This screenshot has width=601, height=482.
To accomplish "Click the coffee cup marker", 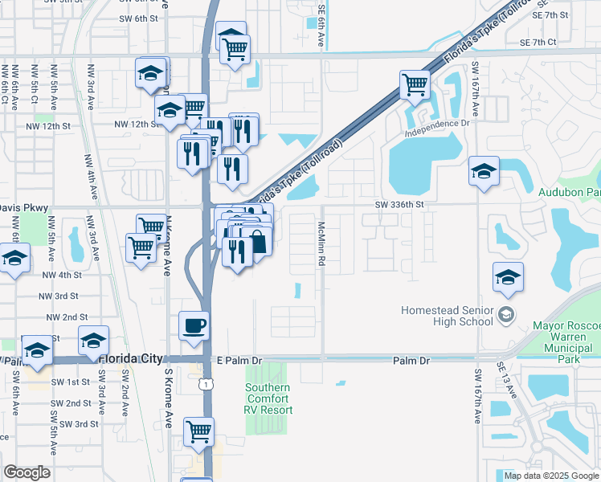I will pos(194,326).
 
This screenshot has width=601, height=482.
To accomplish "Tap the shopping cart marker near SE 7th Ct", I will pos(415,84).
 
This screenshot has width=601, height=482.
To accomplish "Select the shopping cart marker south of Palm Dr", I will pos(198,431).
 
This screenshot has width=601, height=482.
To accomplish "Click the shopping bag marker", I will pos(257,240).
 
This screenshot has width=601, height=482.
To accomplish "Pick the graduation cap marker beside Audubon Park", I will pos(484,172).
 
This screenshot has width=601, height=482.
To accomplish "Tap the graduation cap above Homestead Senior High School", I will pos(508,277).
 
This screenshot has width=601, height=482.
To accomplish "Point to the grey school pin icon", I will pos(505,312).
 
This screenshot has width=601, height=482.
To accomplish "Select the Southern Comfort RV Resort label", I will pos(268,399).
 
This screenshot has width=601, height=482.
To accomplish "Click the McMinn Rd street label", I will pos(321,245).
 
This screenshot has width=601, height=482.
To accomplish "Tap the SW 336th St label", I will pos(399,205).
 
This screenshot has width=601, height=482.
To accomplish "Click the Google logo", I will pos(27,472).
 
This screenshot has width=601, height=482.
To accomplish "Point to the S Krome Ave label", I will pos(169,398).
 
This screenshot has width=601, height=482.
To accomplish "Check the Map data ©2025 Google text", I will pos(550,476).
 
